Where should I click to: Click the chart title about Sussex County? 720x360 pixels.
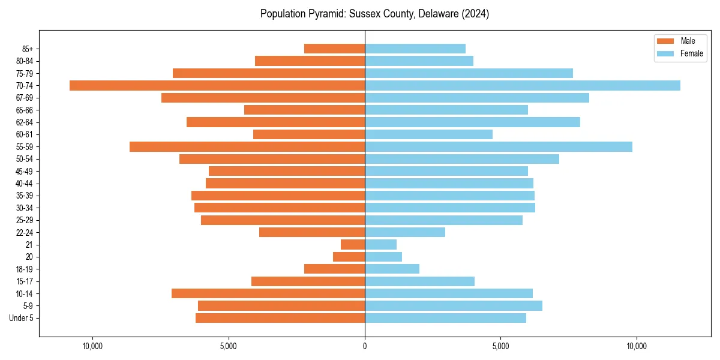(374, 14)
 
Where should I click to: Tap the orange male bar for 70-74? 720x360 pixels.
(217, 85)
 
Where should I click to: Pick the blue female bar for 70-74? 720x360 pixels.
(522, 85)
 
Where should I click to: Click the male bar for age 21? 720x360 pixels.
(353, 244)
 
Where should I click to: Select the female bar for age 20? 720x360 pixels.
(383, 257)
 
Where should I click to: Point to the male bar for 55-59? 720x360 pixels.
(247, 146)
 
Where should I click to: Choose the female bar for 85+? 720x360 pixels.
(415, 49)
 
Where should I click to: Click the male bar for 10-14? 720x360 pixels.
(268, 293)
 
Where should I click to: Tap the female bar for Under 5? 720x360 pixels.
(445, 318)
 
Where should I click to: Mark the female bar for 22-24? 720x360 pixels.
(405, 232)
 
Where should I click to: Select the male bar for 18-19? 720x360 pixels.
(334, 269)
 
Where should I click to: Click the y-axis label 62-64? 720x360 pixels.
(25, 122)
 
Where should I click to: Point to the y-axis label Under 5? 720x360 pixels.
(22, 318)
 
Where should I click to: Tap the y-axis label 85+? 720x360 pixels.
(27, 49)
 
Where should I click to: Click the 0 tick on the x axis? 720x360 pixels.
(365, 346)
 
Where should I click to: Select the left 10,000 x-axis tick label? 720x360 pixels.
(93, 346)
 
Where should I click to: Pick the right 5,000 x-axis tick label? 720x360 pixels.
(500, 346)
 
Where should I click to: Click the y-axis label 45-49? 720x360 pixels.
(25, 171)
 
